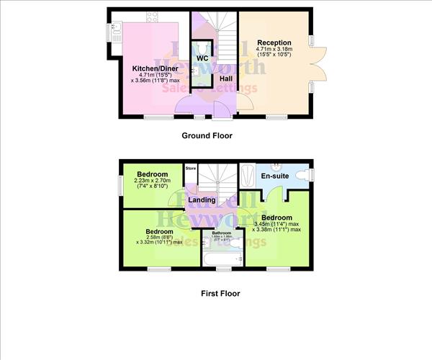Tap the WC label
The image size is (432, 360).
202,57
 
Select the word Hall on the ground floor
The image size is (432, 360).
225,78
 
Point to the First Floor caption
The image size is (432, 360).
220,293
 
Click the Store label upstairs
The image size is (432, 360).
191,168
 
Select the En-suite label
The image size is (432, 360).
274,175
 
